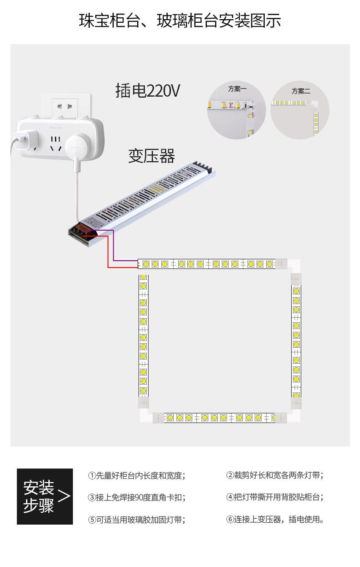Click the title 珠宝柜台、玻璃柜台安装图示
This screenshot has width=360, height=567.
click(x=180, y=21)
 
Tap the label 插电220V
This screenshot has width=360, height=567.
click(x=148, y=91)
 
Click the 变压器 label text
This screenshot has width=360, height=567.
click(x=151, y=156)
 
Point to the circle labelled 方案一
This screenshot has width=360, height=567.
click(x=236, y=111)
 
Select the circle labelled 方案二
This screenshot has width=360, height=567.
click(x=299, y=111)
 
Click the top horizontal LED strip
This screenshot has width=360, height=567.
click(x=207, y=264)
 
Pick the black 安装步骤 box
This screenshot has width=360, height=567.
click(x=45, y=496)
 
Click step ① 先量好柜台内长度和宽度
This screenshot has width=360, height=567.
click(x=137, y=475)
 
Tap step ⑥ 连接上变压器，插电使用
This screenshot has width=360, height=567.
click(x=275, y=519)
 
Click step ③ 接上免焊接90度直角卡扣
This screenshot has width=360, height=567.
click(x=137, y=497)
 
